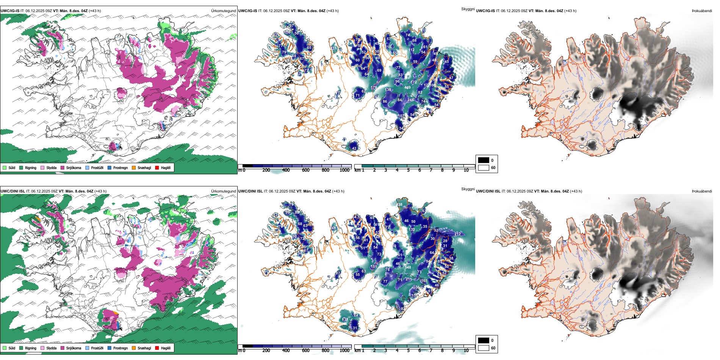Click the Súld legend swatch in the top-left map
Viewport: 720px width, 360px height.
pos(5,167)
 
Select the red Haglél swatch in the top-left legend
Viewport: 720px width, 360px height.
pos(157,167)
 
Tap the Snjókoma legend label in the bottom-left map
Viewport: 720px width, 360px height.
pos(74,348)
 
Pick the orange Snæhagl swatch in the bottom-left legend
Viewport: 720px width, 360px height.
pos(134,348)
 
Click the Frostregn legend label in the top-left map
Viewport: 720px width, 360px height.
pos(121,167)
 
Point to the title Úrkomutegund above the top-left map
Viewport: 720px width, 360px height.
pos(223,11)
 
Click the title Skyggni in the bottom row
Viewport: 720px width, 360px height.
pos(468,189)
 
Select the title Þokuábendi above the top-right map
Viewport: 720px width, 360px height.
pos(702,11)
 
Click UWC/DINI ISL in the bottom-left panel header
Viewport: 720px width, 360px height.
pos(13,191)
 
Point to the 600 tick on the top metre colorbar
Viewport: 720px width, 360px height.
pos(306,170)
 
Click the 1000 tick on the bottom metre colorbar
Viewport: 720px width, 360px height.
pos(344,351)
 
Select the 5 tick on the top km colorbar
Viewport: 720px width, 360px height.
pos(409,170)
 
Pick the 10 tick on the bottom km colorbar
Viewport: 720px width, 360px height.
pos(466,351)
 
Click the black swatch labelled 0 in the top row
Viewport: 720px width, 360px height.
pos(484,160)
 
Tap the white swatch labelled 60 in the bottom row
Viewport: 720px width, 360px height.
pos(484,348)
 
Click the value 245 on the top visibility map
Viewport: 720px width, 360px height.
pos(411,100)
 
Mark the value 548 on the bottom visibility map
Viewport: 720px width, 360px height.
pos(408,268)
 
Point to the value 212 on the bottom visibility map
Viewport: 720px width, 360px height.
pos(457,234)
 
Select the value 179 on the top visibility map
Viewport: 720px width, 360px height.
pos(374,88)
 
